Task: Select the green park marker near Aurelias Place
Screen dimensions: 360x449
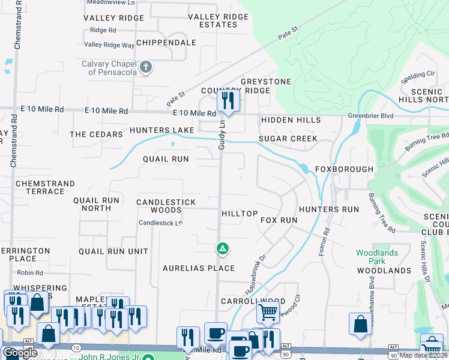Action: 222,248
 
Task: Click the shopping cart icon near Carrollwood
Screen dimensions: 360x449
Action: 267,311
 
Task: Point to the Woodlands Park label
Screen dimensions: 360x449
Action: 376,257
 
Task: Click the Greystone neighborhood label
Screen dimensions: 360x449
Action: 265,82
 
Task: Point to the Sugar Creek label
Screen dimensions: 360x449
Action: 288,139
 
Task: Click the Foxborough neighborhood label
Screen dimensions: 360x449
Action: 344,169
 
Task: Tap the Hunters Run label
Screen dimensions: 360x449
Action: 328,209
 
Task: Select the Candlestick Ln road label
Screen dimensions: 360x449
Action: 160,223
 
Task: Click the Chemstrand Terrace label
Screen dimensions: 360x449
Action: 46,187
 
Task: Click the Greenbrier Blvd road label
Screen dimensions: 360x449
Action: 366,115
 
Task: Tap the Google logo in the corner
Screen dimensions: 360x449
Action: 20,353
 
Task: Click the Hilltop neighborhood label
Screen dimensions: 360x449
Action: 240,214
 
